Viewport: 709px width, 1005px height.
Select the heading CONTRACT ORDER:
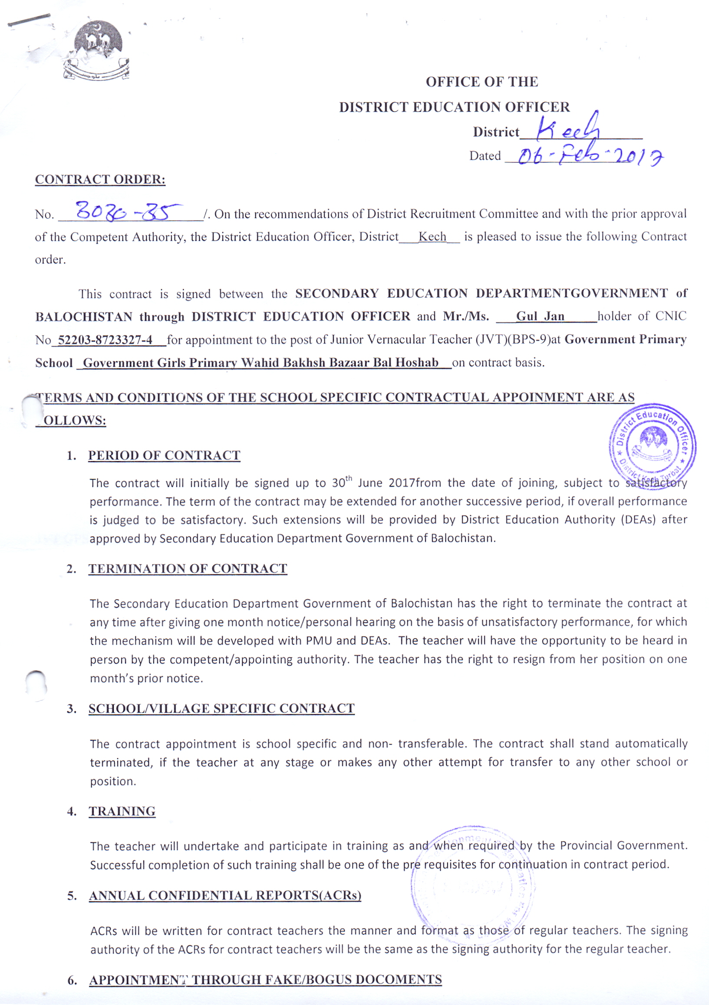click(x=100, y=180)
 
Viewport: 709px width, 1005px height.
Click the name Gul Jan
click(x=540, y=316)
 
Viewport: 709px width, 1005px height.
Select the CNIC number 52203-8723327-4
click(x=105, y=340)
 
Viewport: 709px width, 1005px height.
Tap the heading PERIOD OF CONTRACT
click(x=164, y=455)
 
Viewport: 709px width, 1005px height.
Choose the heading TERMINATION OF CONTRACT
click(x=188, y=568)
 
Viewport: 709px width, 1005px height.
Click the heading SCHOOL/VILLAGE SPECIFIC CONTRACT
click(x=221, y=708)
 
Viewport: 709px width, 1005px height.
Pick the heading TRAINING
click(x=122, y=811)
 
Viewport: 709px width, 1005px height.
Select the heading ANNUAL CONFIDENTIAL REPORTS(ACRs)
click(x=225, y=895)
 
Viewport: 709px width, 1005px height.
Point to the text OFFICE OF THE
click(x=482, y=82)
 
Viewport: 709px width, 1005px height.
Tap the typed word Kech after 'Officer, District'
click(x=432, y=237)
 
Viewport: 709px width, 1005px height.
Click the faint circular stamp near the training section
click(x=473, y=889)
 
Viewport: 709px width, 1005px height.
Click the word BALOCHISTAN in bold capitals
click(x=84, y=316)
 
